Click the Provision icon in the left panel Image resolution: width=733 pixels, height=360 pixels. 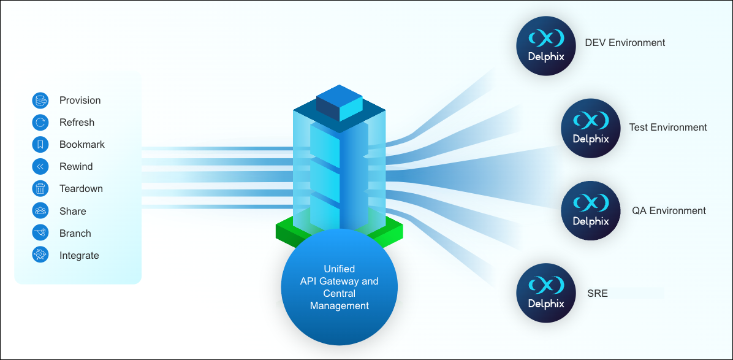point(40,101)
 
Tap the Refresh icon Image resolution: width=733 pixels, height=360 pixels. point(40,123)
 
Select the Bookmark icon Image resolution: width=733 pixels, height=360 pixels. point(40,145)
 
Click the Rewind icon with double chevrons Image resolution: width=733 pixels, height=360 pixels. point(40,167)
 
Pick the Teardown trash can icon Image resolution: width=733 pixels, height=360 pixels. point(40,189)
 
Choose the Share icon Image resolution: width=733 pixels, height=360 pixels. point(40,211)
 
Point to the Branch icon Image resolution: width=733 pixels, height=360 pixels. point(40,233)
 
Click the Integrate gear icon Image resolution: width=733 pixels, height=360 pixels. point(40,255)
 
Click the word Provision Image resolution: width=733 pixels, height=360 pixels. point(80,101)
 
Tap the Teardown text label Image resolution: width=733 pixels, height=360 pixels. point(81,189)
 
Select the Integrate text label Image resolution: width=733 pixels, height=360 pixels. point(79,256)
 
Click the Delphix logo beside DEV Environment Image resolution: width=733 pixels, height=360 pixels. point(546,46)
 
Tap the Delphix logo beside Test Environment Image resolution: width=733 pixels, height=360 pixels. point(591,128)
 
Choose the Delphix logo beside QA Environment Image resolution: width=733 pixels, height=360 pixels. point(591,211)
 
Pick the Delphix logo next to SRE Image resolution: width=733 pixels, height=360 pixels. point(546,293)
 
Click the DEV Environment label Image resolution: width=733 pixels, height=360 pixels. point(625,43)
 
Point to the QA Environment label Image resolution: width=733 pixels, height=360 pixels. point(669,211)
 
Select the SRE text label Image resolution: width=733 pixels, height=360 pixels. point(597,293)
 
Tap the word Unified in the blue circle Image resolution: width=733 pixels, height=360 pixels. point(339,269)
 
